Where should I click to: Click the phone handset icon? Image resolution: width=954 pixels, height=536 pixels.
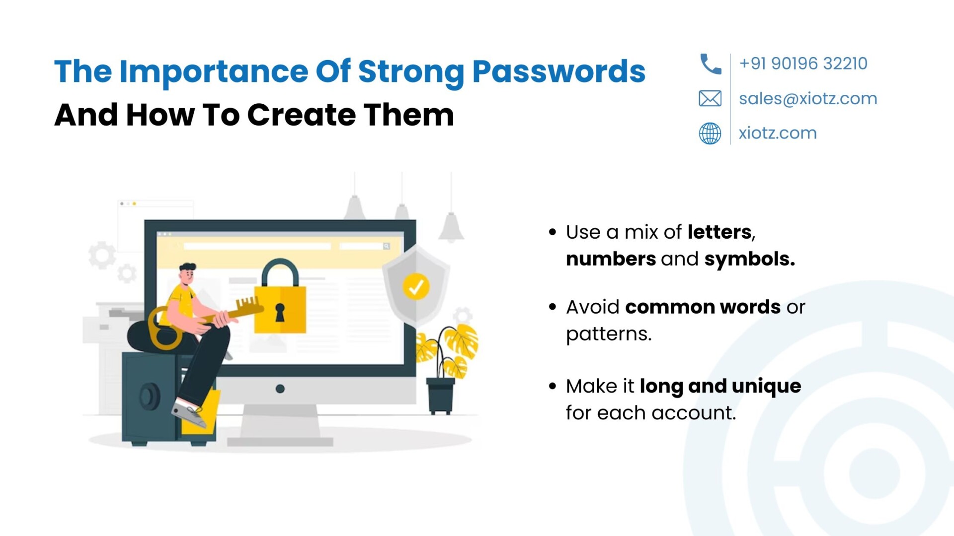[x=710, y=64]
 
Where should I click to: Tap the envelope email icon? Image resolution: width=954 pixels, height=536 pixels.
[x=710, y=98]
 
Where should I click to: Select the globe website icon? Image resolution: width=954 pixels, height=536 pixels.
[x=710, y=133]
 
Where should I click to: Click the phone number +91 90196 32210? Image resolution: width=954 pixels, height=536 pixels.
[x=803, y=64]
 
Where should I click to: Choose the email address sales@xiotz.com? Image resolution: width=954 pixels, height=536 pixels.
[x=808, y=99]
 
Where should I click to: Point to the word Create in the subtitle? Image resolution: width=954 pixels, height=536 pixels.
[x=302, y=115]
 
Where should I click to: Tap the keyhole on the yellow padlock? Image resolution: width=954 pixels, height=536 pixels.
[x=280, y=313]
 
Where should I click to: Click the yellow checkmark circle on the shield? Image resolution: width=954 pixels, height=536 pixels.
[x=416, y=286]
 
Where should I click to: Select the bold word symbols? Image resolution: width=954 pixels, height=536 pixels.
[x=749, y=259]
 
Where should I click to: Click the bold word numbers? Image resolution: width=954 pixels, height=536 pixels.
[x=611, y=259]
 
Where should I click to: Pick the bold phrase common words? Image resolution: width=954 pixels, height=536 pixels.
[x=703, y=307]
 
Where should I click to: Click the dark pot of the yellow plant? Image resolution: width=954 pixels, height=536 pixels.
[x=441, y=396]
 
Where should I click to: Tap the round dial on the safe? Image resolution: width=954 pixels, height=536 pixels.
[x=149, y=397]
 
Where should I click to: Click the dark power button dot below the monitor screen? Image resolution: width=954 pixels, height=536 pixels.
[x=280, y=389]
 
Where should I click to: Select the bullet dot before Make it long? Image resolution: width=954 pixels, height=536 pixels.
[x=553, y=386]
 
